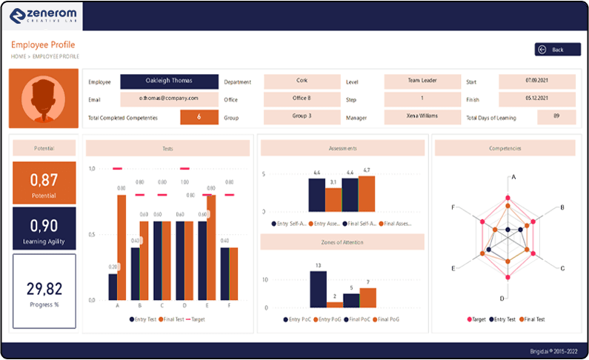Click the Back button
point(558,50)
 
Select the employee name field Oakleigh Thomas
point(169,81)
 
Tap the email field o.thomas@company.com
point(169,99)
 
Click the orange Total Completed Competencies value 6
point(199,117)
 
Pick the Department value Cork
point(302,81)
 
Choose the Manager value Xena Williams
point(422,116)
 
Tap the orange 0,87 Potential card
point(44,183)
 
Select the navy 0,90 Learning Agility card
point(44,228)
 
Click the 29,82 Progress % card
point(44,291)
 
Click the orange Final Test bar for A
point(122,247)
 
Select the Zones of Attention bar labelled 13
point(318,289)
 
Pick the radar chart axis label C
point(562,268)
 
